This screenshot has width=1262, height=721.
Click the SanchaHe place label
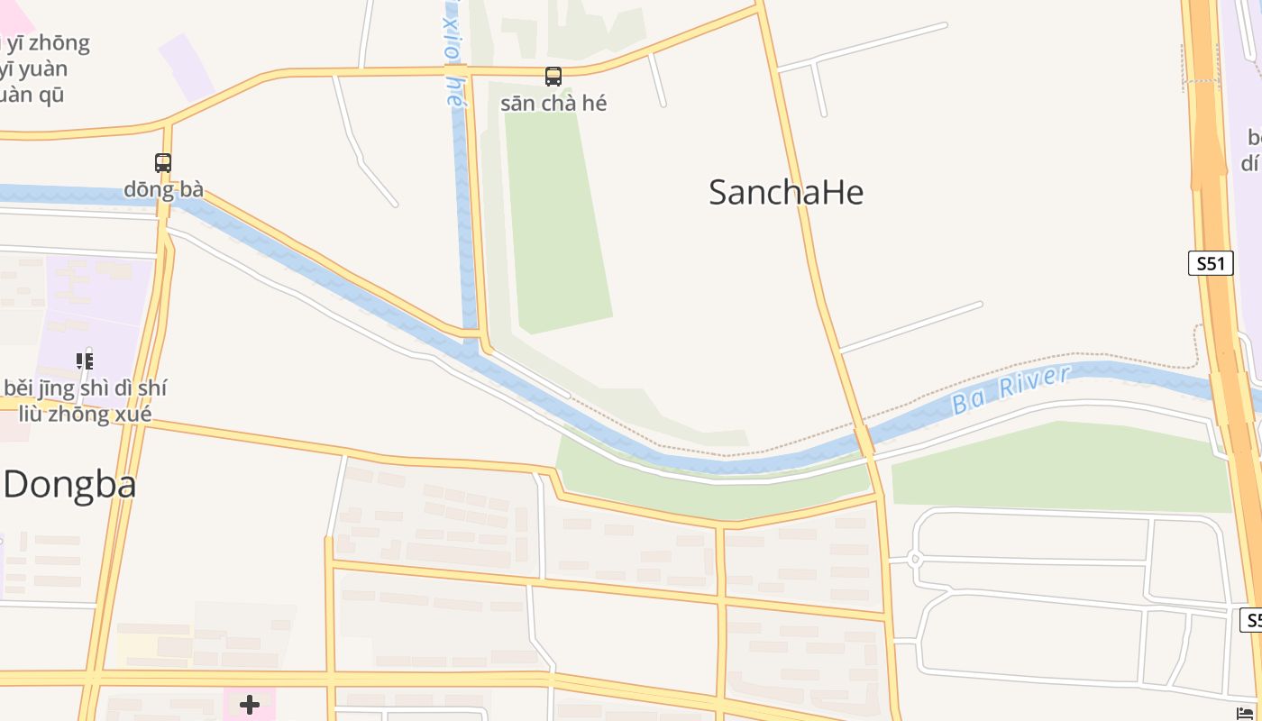pos(786,192)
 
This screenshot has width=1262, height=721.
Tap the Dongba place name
pos(69,485)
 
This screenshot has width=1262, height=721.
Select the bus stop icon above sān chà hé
pos(553,77)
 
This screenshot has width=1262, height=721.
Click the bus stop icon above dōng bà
pos(163,163)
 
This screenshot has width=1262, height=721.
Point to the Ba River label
pos(1010,389)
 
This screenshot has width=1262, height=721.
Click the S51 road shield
pos(1210,263)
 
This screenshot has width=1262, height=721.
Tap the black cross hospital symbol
pos(250,704)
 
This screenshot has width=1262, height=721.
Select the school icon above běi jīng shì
pos(85,361)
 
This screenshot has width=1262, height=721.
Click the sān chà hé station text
pos(553,103)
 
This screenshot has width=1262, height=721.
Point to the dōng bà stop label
pos(163,189)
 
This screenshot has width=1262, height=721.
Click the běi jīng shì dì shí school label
pos(85,388)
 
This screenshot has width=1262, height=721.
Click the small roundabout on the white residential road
pos(915,560)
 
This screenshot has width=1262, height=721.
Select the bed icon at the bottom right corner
pos(1246,714)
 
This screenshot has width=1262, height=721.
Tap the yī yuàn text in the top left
pos(34,68)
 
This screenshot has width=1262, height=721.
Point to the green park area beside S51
pos(1064,469)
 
